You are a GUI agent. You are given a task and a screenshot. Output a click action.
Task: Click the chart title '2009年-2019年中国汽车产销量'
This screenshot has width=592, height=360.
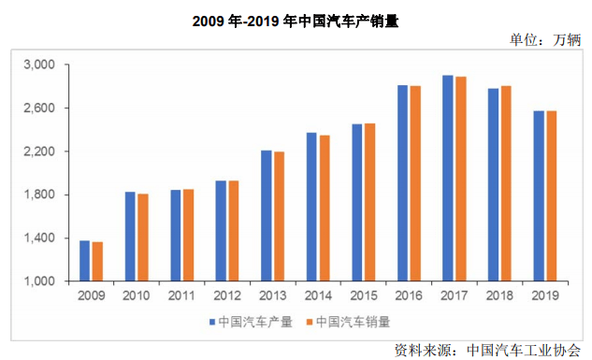[x=296, y=20]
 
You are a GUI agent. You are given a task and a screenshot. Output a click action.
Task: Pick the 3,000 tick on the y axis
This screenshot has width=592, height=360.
[x=39, y=65]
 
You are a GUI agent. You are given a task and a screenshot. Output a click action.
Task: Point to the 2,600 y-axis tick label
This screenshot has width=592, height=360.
[x=39, y=108]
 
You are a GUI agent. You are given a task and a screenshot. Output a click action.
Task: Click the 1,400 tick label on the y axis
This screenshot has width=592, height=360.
[x=39, y=238]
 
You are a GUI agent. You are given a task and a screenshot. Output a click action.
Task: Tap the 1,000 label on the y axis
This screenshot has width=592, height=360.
[x=39, y=281]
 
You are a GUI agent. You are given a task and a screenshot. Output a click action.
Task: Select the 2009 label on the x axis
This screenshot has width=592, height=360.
[x=91, y=295]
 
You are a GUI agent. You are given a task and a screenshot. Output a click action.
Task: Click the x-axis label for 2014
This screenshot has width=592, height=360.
[x=317, y=295]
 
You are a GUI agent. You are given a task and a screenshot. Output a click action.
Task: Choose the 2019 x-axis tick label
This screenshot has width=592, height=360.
[x=544, y=295]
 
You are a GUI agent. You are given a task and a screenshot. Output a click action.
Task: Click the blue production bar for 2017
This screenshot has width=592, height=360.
[x=448, y=178]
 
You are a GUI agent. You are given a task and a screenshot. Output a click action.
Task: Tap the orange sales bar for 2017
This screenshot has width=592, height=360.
[x=460, y=179]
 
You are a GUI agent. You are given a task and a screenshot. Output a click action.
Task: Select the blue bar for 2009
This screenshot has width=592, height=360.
[x=85, y=261]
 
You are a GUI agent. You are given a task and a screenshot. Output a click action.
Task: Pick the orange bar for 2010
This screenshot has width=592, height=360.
[x=143, y=238]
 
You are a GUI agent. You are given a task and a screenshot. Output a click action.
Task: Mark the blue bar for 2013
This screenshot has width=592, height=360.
[x=267, y=215]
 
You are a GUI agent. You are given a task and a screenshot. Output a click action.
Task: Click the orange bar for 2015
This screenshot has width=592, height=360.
[x=369, y=202]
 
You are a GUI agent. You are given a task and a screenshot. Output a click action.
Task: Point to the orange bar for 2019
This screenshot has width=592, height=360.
[x=551, y=196]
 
